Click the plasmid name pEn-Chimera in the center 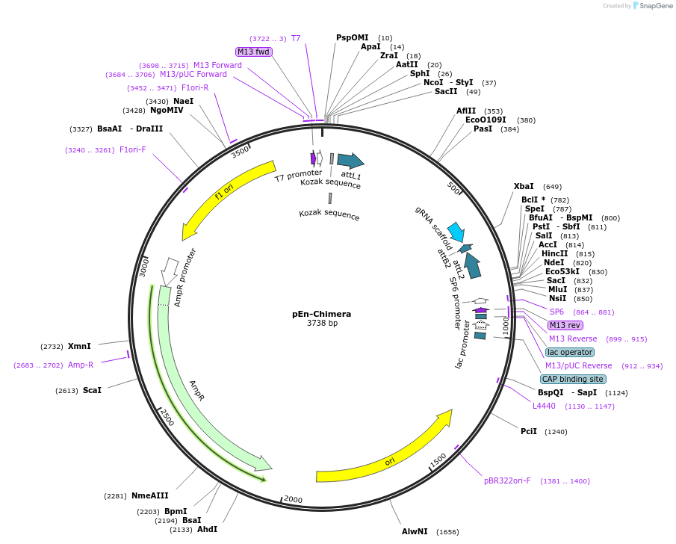coord(321,314)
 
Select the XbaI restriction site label coord(524,186)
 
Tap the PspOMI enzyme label coord(352,37)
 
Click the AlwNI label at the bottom coord(415,531)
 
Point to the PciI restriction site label coord(529,431)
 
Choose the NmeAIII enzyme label coord(149,495)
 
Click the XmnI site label coord(79,346)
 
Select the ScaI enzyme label coord(92,390)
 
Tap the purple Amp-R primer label coord(81,365)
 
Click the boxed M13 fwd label coord(253,52)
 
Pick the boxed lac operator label coord(570,352)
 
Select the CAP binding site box coord(573,379)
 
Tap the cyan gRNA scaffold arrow coord(456,231)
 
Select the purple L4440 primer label coord(544,406)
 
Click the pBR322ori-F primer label coord(507,480)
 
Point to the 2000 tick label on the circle coord(292,499)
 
